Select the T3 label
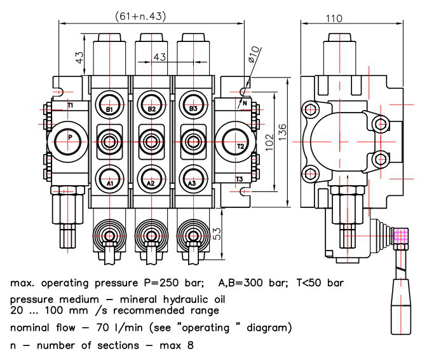tap(239, 179)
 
